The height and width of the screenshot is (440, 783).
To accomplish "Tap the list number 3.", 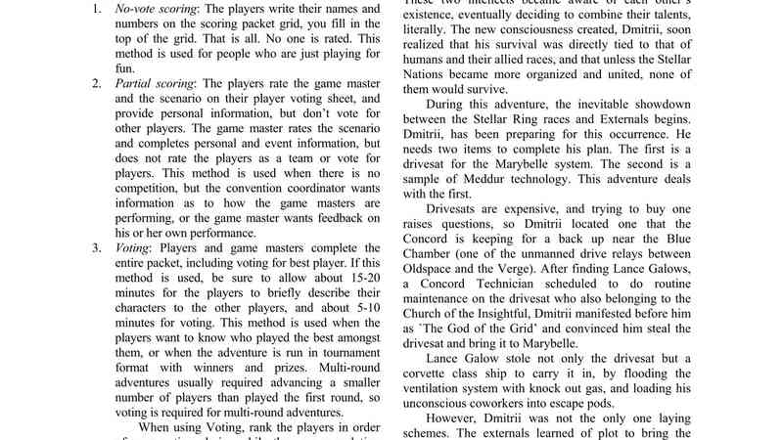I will click(x=97, y=246).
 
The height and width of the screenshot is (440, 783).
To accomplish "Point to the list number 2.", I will click(x=97, y=83).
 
